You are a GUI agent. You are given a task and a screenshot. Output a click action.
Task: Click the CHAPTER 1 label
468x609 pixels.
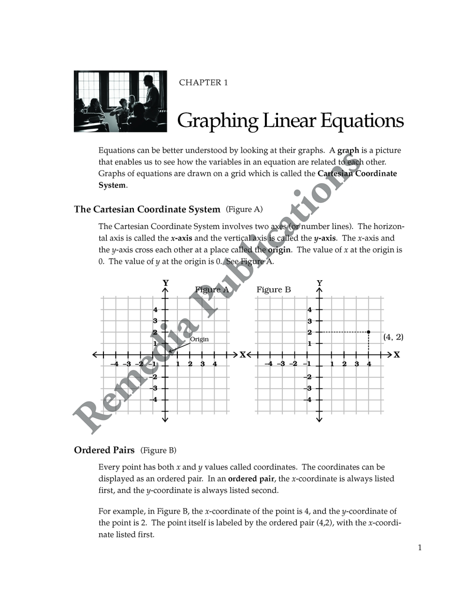203,82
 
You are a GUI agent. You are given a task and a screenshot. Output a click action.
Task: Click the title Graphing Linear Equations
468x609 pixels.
290,120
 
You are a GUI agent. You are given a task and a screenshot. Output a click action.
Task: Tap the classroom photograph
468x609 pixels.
120,101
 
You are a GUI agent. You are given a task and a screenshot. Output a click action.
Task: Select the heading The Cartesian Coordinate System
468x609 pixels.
147,209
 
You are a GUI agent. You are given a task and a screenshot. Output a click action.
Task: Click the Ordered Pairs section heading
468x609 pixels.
104,450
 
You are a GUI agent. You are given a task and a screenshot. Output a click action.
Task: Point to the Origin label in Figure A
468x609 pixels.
199,339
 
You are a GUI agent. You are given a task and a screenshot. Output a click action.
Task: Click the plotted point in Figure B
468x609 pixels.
369,332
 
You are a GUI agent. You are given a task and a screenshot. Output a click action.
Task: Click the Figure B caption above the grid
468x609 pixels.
273,290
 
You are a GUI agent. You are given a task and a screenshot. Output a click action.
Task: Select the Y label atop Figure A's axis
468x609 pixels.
165,282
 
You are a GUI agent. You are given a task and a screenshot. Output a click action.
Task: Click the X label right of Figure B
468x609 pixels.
397,355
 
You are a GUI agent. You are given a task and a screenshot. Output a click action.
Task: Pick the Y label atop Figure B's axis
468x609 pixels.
320,282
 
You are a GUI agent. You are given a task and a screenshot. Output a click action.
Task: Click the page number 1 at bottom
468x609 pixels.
420,548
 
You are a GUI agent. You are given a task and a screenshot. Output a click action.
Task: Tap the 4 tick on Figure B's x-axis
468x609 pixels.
369,364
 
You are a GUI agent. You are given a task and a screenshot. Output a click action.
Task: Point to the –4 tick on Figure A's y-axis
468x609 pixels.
154,400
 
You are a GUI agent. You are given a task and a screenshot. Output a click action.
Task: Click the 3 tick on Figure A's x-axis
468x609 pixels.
203,364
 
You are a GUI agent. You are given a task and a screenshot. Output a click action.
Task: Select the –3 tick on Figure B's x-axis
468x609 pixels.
280,364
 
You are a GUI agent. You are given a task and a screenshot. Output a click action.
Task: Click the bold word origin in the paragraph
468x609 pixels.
279,250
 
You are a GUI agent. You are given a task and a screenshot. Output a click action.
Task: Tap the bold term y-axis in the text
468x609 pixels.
324,238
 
